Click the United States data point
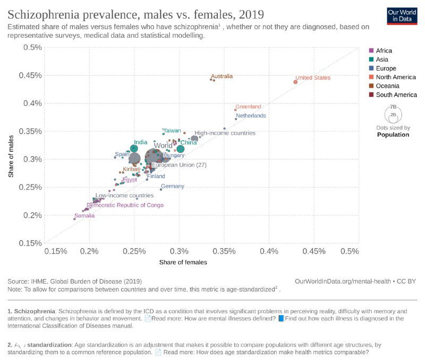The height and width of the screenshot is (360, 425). (295, 82)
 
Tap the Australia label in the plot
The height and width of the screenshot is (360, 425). (222, 76)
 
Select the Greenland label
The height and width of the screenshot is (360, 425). (248, 106)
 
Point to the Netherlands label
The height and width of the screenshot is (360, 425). (251, 115)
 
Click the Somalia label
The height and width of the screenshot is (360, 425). (84, 216)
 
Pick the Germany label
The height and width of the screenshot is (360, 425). (172, 186)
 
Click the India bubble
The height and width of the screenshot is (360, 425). (134, 149)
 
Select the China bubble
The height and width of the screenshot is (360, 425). (181, 149)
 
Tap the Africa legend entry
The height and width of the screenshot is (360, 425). (384, 51)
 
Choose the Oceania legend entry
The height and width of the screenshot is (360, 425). (387, 86)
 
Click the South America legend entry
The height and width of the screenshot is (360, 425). (396, 95)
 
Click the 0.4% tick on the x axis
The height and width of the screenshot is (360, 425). (269, 251)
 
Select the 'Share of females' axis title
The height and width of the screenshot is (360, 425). (183, 262)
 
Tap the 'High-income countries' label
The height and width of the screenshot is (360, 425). (225, 133)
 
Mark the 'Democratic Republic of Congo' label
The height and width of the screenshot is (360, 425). (125, 205)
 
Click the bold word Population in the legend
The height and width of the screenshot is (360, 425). (393, 135)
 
